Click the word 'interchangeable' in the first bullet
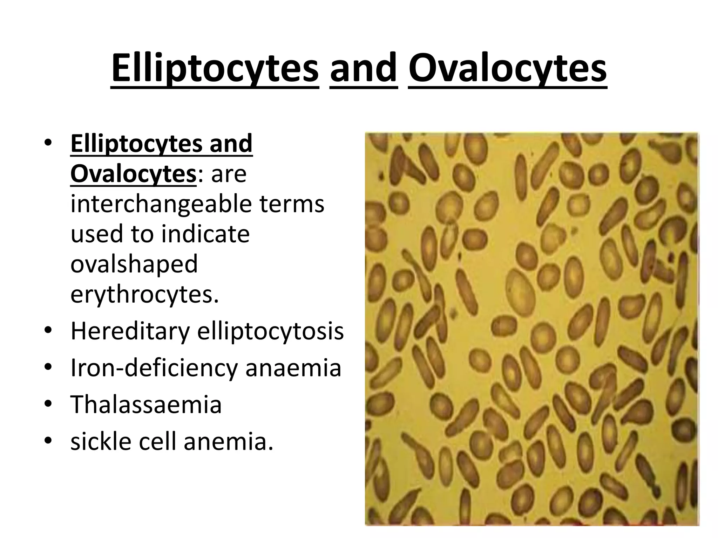click(x=161, y=204)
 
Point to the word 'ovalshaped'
click(x=134, y=264)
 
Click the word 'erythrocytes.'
click(x=144, y=294)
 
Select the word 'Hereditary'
click(x=130, y=331)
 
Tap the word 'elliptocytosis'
click(x=270, y=331)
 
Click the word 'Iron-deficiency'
click(x=154, y=368)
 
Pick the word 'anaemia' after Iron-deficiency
click(x=293, y=368)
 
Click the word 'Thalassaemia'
click(x=146, y=405)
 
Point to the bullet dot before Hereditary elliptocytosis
click(x=48, y=331)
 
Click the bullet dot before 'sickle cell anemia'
click(x=48, y=441)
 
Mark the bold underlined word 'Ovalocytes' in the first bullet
click(x=133, y=174)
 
